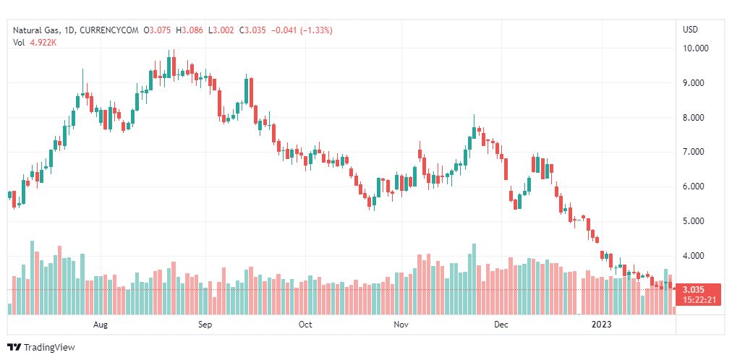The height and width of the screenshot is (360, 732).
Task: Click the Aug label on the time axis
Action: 101,325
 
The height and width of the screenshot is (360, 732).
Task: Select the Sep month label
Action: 205,325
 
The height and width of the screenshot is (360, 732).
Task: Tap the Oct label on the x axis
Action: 305,325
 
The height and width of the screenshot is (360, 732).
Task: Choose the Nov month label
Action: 401,325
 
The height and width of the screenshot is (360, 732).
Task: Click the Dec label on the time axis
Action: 501,325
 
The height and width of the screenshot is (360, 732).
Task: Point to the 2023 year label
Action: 601,325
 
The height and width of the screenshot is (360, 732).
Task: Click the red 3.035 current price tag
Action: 699,289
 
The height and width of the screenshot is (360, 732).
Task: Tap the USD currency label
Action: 690,30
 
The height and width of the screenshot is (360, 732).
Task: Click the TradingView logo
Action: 41,348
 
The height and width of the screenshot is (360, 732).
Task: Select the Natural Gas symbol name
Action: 36,30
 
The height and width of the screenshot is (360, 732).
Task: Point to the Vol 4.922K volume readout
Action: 35,43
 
